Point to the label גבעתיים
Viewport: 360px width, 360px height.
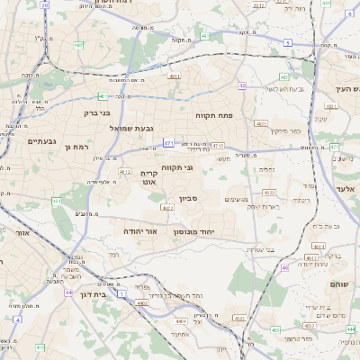point(41,141)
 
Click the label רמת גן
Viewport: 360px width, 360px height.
point(80,147)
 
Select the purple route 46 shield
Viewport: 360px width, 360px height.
point(284,267)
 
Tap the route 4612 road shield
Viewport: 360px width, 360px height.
point(124,172)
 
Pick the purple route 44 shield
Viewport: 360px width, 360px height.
point(69,292)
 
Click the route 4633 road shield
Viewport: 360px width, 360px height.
point(269,192)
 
